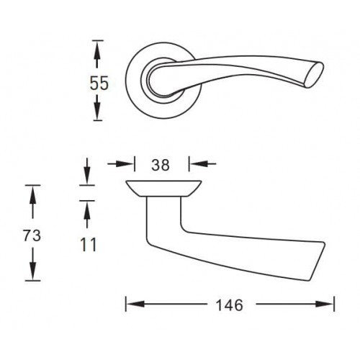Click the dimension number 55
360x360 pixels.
[x=99, y=84]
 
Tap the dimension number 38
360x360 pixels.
[x=161, y=165]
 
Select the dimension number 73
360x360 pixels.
[x=32, y=235]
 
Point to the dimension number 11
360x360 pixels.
[x=89, y=245]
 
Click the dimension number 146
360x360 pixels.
[x=230, y=305]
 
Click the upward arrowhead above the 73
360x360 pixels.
[x=33, y=195]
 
